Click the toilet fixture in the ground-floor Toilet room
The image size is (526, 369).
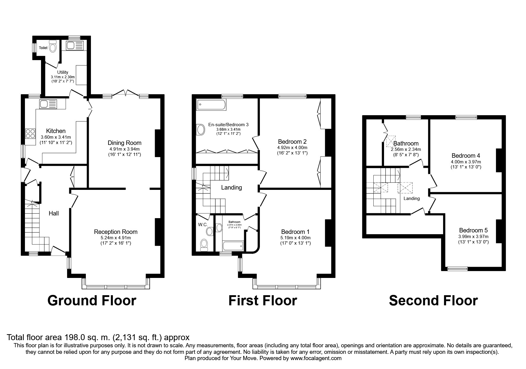click(x=53, y=47)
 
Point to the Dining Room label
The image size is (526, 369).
click(x=124, y=143)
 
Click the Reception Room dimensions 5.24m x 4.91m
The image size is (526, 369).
click(x=116, y=238)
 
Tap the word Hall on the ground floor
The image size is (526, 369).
click(x=54, y=213)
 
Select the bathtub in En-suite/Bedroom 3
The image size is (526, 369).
click(x=211, y=105)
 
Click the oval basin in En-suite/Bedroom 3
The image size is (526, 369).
click(x=201, y=130)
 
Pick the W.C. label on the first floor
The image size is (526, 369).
click(x=203, y=225)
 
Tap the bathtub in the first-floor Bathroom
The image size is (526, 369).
click(x=233, y=246)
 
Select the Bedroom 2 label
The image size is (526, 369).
click(x=292, y=142)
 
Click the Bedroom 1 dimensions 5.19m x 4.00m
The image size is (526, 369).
click(x=295, y=238)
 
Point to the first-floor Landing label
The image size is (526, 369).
click(x=231, y=187)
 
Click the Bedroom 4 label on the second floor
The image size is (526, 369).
click(x=465, y=156)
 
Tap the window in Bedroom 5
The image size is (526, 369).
click(x=457, y=269)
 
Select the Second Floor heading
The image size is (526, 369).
click(x=433, y=301)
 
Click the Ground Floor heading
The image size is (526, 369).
click(x=92, y=301)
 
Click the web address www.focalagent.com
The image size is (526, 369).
click(x=316, y=358)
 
